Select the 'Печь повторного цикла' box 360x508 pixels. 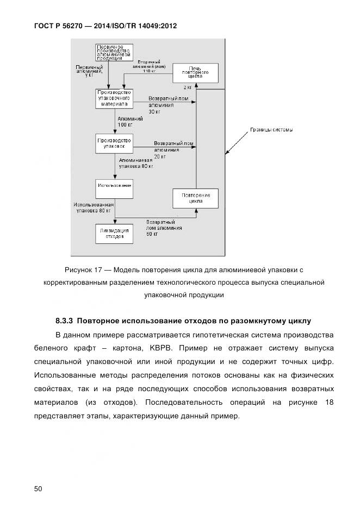coord(195,72)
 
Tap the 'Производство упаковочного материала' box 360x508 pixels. coord(114,98)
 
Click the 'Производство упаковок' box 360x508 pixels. coord(114,143)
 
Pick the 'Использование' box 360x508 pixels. coord(114,186)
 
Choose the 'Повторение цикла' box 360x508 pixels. coord(195,198)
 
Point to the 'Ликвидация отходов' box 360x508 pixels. coord(114,233)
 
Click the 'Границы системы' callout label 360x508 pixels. coord(271,130)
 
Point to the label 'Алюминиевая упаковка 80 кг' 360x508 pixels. coord(136,164)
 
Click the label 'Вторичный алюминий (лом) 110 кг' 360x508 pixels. coord(154,66)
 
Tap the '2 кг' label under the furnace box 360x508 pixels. coord(187,87)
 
